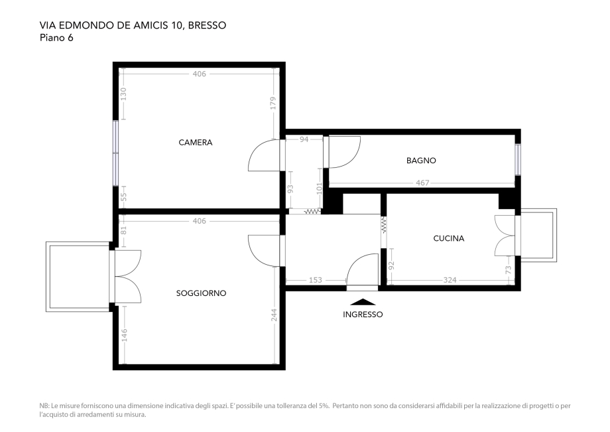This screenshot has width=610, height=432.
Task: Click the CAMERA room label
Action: pyautogui.click(x=196, y=143)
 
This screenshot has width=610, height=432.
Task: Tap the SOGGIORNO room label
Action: pyautogui.click(x=201, y=293)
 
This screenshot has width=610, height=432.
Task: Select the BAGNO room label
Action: pyautogui.click(x=421, y=161)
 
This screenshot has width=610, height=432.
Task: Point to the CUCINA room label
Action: pyautogui.click(x=448, y=238)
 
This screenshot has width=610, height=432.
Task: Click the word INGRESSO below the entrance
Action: pyautogui.click(x=363, y=315)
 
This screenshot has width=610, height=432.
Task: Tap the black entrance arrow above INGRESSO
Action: pyautogui.click(x=363, y=302)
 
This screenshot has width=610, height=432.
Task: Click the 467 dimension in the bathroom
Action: pyautogui.click(x=422, y=183)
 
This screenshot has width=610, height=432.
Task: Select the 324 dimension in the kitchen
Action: pyautogui.click(x=450, y=280)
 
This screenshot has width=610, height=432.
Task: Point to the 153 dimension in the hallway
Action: pyautogui.click(x=316, y=280)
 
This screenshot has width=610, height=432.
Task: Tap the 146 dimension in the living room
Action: pyautogui.click(x=123, y=336)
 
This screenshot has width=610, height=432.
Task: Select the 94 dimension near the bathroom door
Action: pyautogui.click(x=304, y=139)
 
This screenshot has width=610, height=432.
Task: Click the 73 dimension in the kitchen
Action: pyautogui.click(x=509, y=270)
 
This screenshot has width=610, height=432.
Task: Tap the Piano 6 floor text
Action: pyautogui.click(x=56, y=38)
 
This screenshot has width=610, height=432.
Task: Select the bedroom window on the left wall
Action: pyautogui.click(x=115, y=153)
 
